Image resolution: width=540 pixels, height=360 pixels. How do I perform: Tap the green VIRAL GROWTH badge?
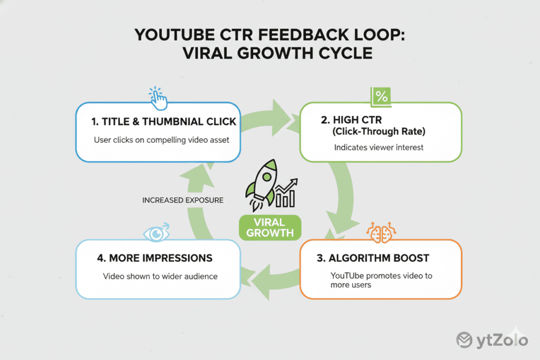(269, 228)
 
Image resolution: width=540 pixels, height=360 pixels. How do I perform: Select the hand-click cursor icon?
(158, 96)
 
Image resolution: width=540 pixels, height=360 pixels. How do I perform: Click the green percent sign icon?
(381, 96)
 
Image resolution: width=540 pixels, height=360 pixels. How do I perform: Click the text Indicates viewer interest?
(379, 148)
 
